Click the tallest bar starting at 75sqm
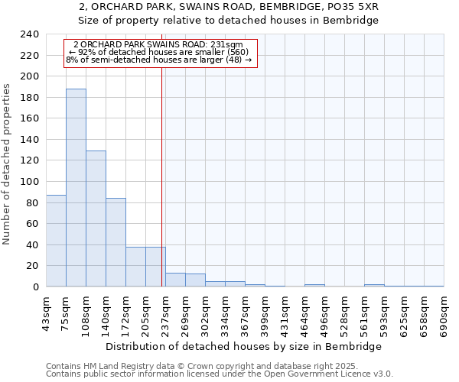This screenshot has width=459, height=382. pyautogui.click(x=76, y=188)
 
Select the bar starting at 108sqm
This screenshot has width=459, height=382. pyautogui.click(x=96, y=219)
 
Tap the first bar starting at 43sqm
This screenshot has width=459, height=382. pyautogui.click(x=56, y=241)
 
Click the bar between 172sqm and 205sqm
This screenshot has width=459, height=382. pyautogui.click(x=135, y=267)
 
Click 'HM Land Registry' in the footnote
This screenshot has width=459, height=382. pyautogui.click(x=109, y=366)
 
